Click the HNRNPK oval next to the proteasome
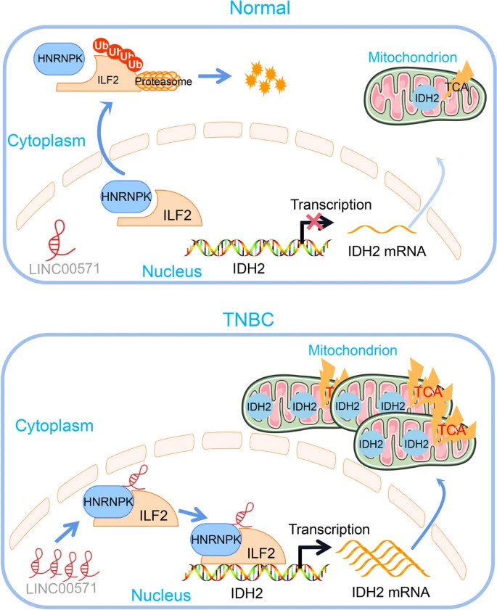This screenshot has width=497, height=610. click(57, 55)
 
